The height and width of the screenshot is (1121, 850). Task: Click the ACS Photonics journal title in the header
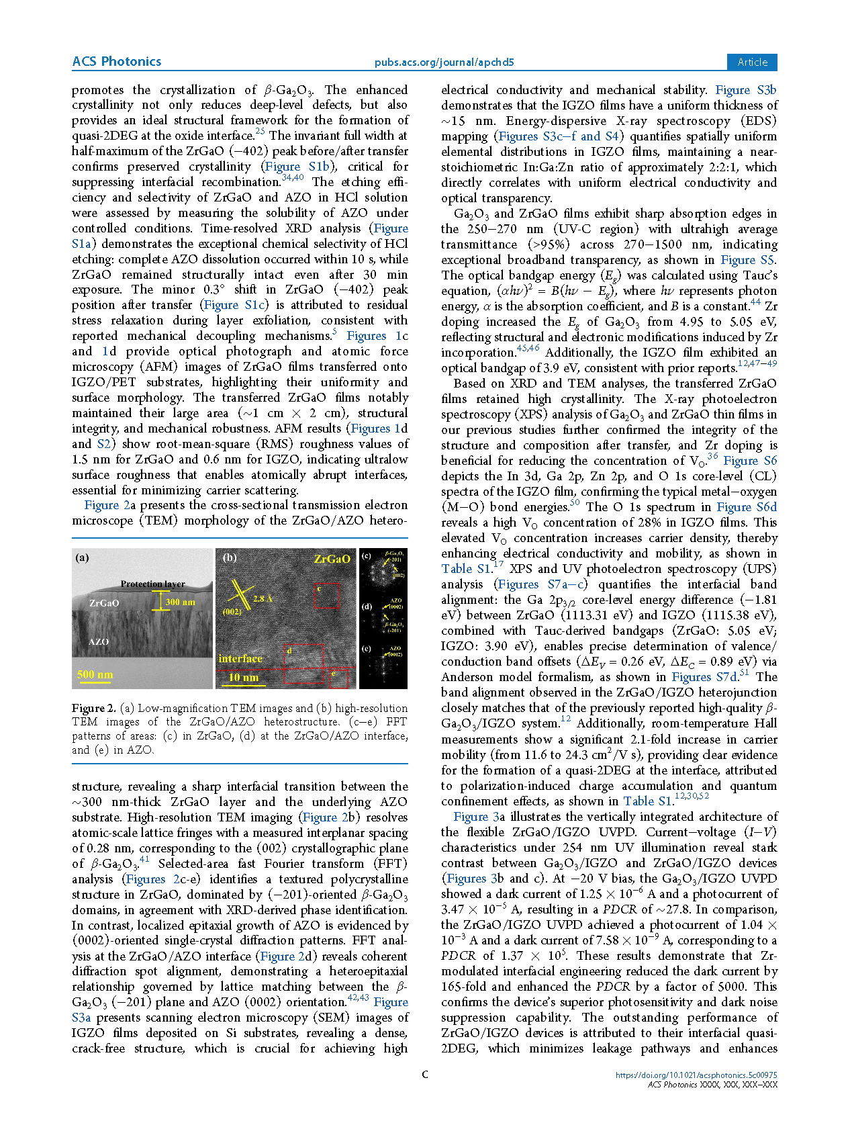117,62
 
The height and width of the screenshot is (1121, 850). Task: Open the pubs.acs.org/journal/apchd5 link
444,62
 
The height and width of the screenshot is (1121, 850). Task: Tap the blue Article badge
752,62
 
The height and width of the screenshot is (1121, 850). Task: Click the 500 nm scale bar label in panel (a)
95,674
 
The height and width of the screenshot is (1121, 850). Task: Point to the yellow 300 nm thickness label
181,602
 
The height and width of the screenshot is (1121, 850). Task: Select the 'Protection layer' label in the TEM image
152,584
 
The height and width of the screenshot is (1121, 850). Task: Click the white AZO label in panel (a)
99,641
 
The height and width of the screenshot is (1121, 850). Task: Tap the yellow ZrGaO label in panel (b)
332,559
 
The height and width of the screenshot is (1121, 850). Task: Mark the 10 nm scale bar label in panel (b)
243,677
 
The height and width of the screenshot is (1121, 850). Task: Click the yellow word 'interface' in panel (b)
240,658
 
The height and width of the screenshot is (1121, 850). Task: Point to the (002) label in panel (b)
232,611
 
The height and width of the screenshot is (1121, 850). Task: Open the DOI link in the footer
696,1075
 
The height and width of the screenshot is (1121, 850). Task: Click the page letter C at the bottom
425,1075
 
